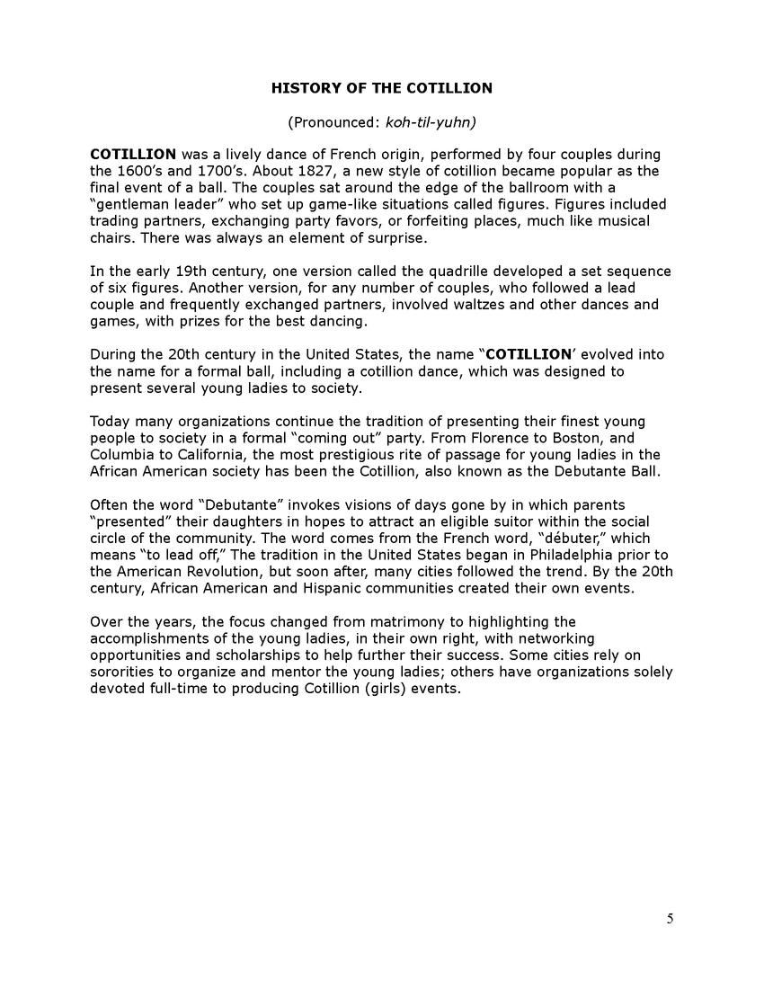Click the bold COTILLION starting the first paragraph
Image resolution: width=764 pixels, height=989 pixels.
[x=133, y=155]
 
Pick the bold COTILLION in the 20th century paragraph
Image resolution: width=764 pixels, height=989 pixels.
[x=529, y=354]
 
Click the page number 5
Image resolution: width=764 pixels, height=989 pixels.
[x=670, y=918]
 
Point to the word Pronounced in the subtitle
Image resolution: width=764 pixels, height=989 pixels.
[x=329, y=121]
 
